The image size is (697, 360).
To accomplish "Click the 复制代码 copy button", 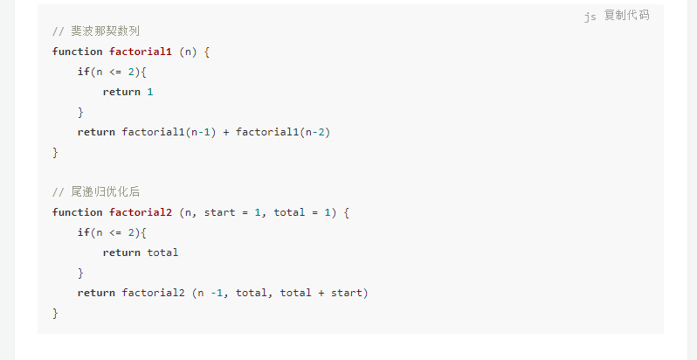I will point(626,16).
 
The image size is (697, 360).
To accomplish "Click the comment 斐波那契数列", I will point(96,31).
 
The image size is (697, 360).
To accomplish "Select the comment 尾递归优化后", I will point(96,192).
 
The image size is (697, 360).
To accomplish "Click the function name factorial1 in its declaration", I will point(141,52).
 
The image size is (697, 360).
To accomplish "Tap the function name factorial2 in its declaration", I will point(141,212).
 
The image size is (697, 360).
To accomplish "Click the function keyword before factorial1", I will point(77,52).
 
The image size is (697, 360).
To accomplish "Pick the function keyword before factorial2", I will point(77,212).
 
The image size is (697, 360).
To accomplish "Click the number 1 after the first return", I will point(150,92).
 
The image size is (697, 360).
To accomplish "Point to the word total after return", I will point(162,253).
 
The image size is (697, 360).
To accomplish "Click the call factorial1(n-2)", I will point(283,132).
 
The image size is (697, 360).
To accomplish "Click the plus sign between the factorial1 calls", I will point(226,132).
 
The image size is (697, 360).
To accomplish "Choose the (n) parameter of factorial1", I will point(188,52).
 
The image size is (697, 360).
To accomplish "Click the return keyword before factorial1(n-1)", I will point(96,132).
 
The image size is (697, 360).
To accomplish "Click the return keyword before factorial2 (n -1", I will point(96,293).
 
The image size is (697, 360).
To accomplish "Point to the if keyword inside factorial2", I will point(83,232).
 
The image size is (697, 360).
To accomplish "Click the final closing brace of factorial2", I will point(55,313).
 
